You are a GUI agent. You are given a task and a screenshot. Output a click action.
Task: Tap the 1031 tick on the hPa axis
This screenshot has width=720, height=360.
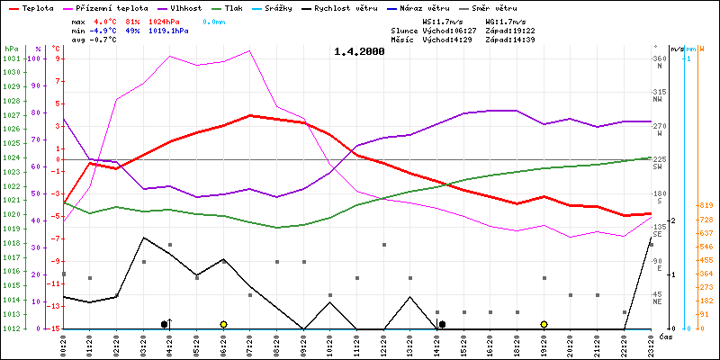click(x=11, y=58)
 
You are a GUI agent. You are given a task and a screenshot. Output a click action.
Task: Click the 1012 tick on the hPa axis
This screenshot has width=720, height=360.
click(x=11, y=328)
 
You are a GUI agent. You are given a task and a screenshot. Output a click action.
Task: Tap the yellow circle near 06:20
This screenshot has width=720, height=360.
click(x=223, y=324)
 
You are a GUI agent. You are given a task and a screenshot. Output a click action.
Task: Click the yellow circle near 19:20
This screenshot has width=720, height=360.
click(x=544, y=324)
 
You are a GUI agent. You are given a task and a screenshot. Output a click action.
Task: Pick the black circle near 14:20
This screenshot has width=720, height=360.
click(x=442, y=324)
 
